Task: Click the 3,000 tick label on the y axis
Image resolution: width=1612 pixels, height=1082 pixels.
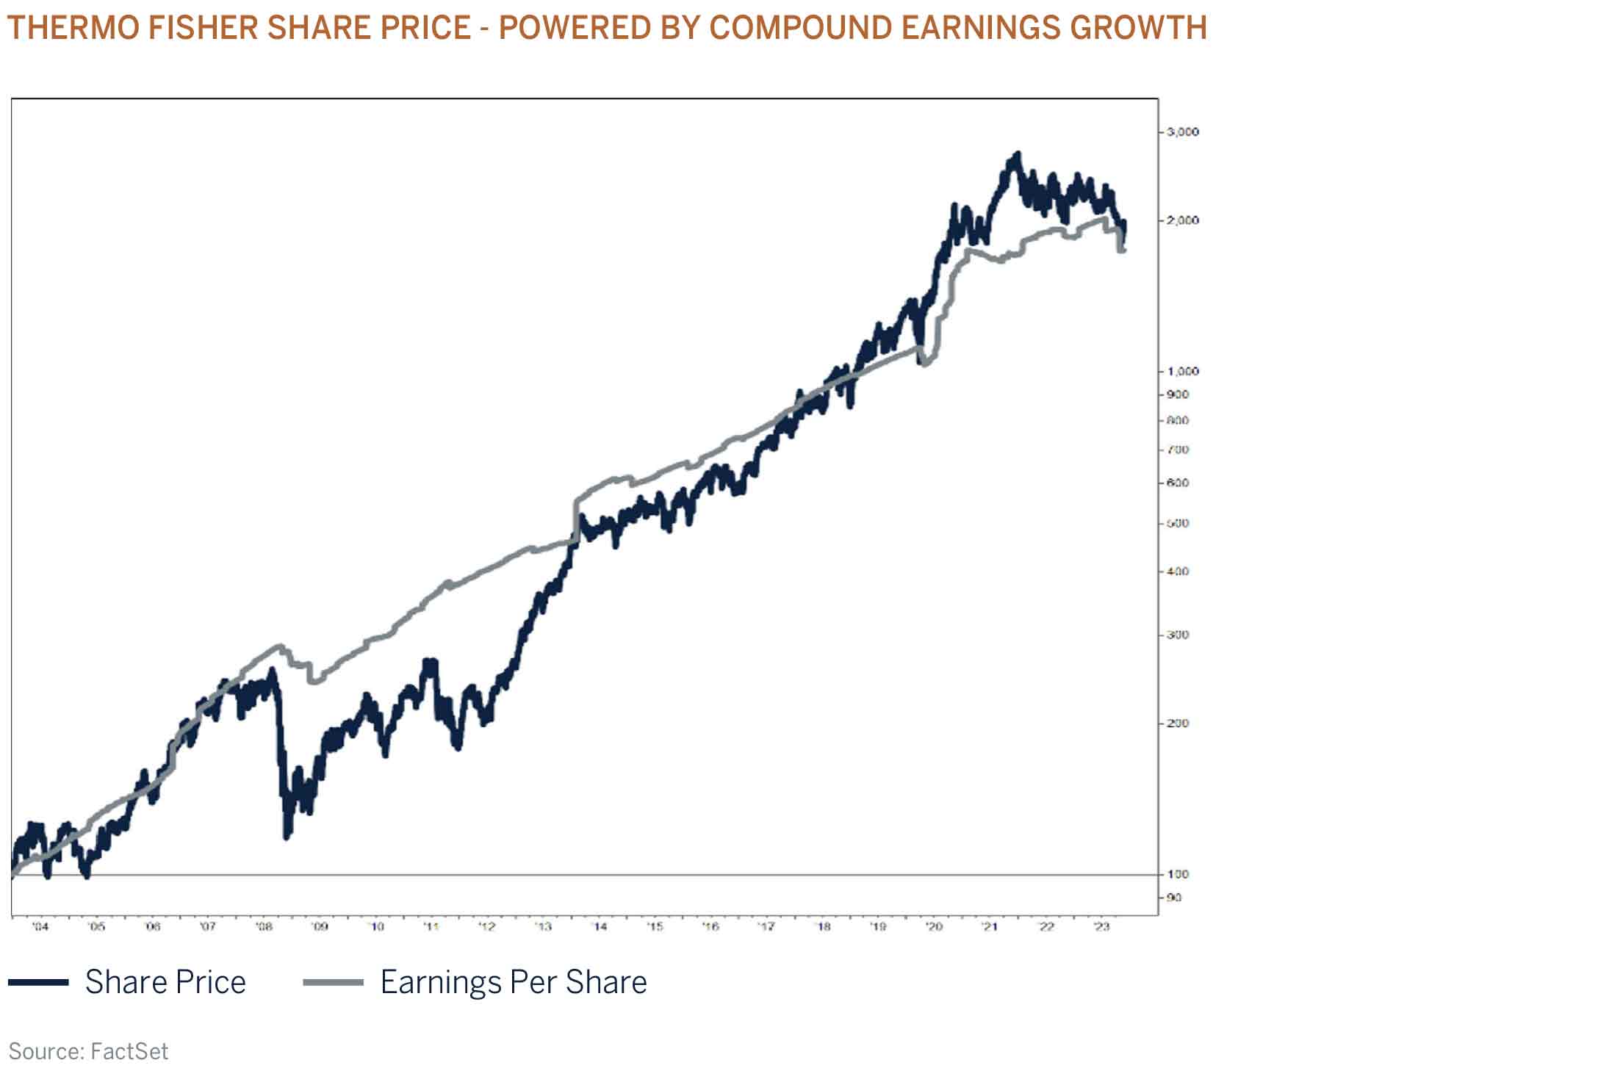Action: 1182,132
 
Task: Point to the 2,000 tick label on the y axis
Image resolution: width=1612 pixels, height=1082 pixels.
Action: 1182,220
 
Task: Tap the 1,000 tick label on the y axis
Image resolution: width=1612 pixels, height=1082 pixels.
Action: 1182,372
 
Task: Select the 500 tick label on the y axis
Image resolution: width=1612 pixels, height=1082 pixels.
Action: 1178,524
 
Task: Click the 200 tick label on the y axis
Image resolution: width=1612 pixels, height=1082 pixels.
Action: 1178,724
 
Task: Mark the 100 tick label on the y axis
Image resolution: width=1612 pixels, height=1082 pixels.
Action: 1178,874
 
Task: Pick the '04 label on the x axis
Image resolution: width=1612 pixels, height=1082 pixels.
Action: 40,927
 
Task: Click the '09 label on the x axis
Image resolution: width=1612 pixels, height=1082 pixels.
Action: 320,927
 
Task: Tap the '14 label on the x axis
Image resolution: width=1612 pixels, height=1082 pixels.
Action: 600,927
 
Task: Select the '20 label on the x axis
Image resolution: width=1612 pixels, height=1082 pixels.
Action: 934,927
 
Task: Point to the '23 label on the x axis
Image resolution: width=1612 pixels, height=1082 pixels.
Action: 1101,927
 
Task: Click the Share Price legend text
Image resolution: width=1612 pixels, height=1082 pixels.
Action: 165,982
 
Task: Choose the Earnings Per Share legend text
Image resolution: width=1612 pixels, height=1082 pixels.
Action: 514,982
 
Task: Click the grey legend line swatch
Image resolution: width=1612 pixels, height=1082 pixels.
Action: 333,982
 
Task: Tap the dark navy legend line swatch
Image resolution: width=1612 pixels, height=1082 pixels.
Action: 38,982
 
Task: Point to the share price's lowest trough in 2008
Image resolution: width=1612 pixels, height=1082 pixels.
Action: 287,836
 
